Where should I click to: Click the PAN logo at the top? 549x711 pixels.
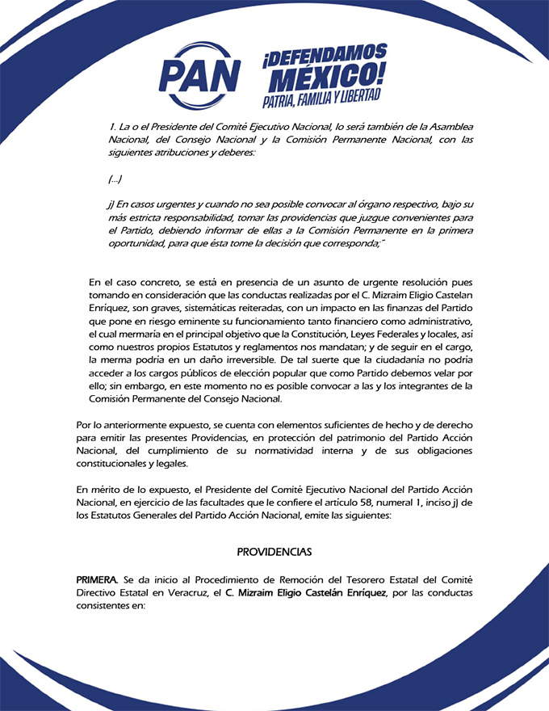pyautogui.click(x=199, y=72)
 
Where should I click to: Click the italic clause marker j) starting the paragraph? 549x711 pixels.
pyautogui.click(x=111, y=204)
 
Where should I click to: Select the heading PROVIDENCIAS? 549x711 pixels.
pyautogui.click(x=274, y=552)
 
